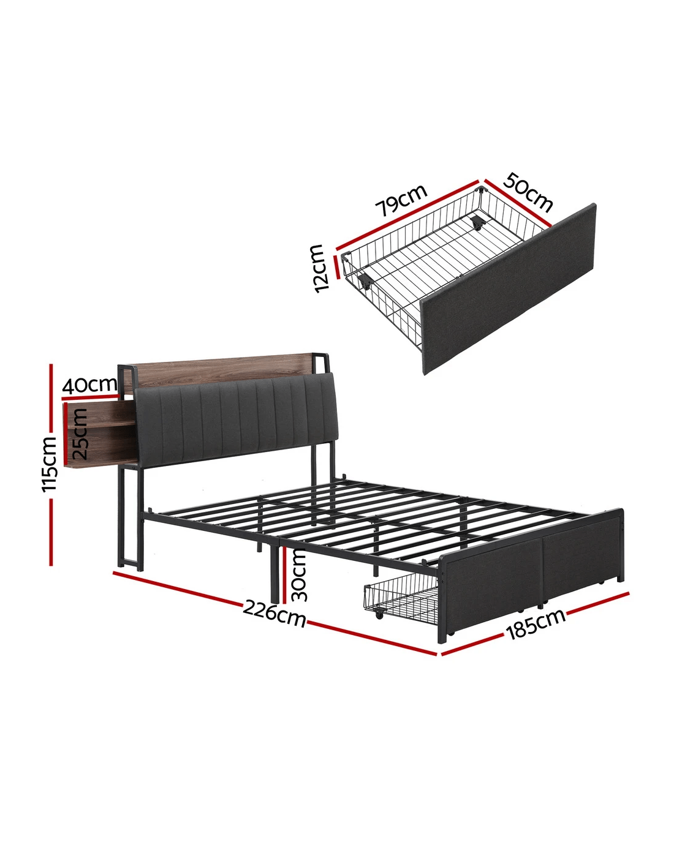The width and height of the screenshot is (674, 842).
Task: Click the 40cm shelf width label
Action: (89, 385)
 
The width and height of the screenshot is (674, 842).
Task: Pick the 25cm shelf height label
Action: (80, 434)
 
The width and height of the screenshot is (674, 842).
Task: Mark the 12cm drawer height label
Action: (318, 268)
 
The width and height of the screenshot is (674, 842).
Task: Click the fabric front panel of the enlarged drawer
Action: (509, 289)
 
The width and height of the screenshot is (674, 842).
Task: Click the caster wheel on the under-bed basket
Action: (379, 615)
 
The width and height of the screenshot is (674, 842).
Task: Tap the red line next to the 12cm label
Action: (336, 268)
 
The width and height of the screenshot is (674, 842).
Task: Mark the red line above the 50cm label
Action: (518, 203)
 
